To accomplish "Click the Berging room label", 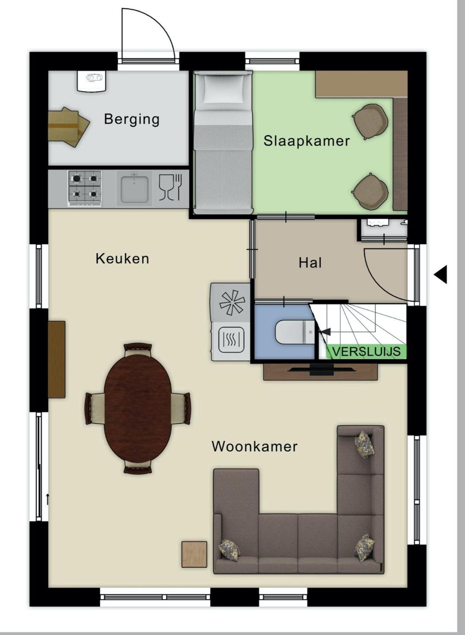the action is click(x=132, y=119).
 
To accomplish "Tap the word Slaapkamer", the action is click(x=306, y=141).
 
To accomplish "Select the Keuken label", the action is click(x=122, y=258).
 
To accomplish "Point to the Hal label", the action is click(x=310, y=263).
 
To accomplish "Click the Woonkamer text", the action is click(x=255, y=446).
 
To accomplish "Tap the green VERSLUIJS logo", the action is click(x=366, y=351).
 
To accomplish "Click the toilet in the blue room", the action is click(x=294, y=332).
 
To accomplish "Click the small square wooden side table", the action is click(x=194, y=554).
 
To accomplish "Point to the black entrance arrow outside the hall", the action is click(x=441, y=274).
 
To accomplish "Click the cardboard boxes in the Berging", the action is click(x=68, y=127).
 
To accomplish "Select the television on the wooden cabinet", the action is click(x=321, y=369).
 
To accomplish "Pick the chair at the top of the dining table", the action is click(x=138, y=349).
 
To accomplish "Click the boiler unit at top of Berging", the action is click(x=92, y=81).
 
